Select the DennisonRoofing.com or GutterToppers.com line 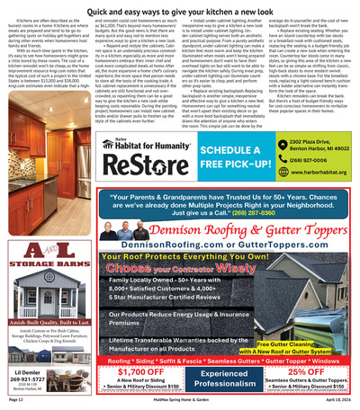pos(216,244)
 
